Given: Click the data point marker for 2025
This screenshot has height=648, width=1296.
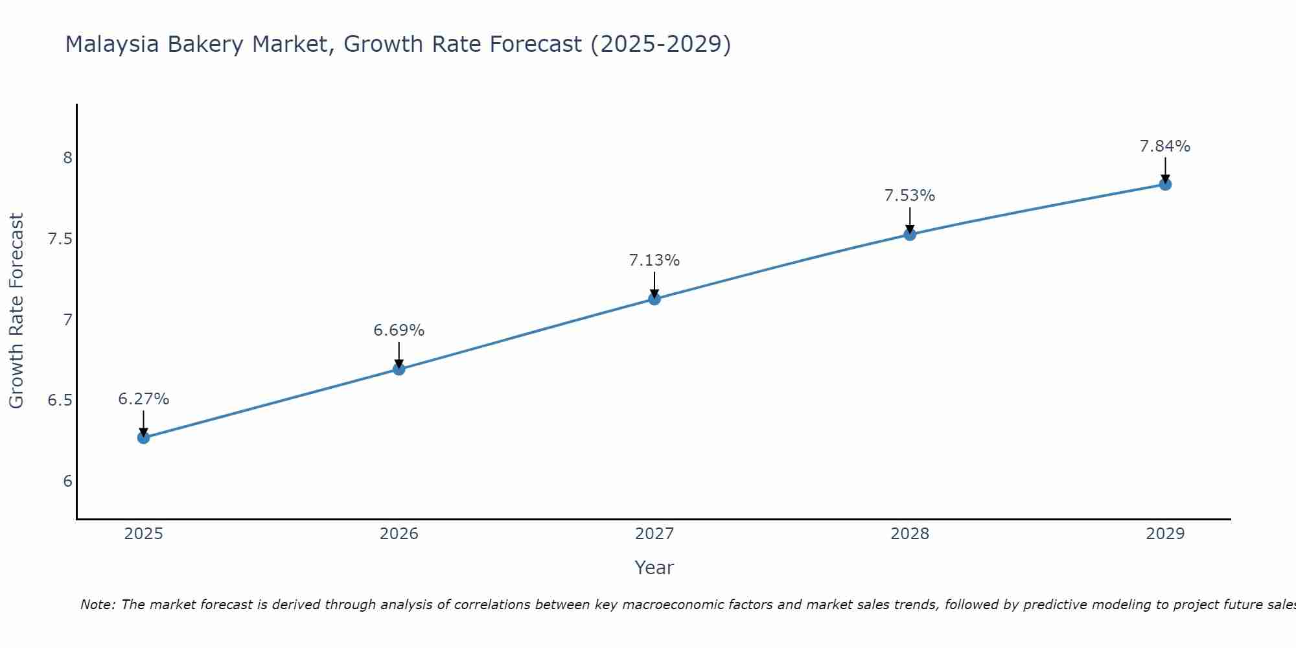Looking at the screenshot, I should click(144, 438).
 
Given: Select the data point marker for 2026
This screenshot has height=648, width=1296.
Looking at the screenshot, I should click(399, 369).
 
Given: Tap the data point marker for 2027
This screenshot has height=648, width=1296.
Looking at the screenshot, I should click(654, 299).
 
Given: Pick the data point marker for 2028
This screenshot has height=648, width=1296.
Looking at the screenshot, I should click(910, 235).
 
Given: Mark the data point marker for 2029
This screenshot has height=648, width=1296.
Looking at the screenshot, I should click(1165, 185).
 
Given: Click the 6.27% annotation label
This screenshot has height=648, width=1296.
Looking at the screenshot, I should click(144, 399).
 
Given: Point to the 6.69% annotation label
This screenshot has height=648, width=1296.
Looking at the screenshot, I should click(399, 330).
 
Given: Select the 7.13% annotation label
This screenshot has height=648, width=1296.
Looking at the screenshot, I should click(654, 260).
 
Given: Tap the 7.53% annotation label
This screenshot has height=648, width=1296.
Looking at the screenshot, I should click(910, 196).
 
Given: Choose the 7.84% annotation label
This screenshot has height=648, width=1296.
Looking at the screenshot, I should click(1165, 146).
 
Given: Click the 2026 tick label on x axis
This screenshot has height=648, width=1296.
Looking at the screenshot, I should click(399, 534).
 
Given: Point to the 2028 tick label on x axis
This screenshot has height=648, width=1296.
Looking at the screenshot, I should click(910, 534).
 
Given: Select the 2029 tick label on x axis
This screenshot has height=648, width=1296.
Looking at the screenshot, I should click(1165, 534).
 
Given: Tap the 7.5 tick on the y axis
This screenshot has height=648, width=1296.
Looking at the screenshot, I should click(60, 239).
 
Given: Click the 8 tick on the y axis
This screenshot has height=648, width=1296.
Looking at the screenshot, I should click(67, 158).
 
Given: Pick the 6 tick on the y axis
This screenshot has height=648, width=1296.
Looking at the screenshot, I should click(67, 481).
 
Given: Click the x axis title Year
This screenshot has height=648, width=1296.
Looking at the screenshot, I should click(654, 568).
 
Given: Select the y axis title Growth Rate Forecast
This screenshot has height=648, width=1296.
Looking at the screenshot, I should click(16, 311).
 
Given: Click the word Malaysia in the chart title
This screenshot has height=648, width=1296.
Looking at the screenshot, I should click(112, 44).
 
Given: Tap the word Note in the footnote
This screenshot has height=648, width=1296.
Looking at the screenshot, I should click(97, 605).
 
